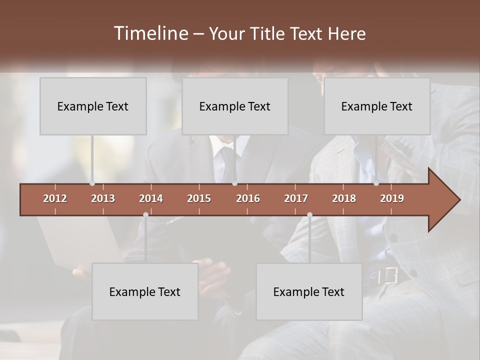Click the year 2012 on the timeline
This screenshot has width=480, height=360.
[55, 198]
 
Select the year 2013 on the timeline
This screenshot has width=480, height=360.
[103, 198]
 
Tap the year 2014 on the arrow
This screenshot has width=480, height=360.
[151, 198]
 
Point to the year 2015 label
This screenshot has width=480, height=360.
[199, 198]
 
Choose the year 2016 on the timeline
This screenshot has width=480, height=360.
[248, 198]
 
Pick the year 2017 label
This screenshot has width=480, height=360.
[296, 198]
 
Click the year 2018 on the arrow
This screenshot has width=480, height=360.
[344, 198]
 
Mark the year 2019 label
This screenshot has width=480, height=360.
[392, 198]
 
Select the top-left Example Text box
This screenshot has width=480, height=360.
[93, 106]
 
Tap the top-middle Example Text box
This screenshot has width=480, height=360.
[235, 106]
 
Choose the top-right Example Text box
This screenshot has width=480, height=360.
[377, 106]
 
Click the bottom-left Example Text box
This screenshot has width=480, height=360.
[145, 291]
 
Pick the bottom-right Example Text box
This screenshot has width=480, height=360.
[309, 291]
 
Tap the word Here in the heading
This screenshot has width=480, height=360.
[346, 34]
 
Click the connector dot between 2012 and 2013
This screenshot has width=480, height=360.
[92, 183]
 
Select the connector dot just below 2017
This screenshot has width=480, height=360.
[309, 214]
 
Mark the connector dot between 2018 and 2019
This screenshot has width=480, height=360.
[376, 183]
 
